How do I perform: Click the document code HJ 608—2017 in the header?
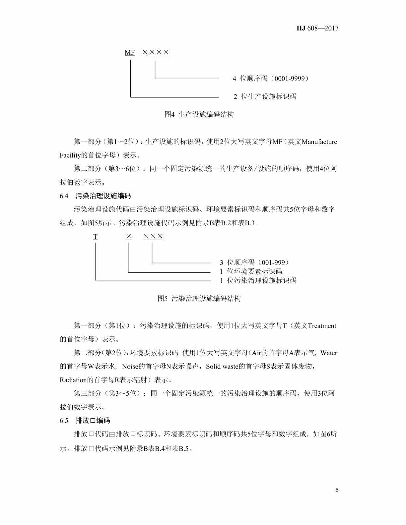pyautogui.click(x=317, y=28)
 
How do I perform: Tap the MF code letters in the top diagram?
pyautogui.click(x=130, y=53)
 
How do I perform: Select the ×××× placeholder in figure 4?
pyautogui.click(x=156, y=53)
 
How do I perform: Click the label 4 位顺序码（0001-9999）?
pyautogui.click(x=271, y=79)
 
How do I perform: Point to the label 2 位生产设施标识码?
pyautogui.click(x=265, y=97)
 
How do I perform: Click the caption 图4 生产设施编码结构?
pyautogui.click(x=199, y=115)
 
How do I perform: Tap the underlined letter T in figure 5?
pyautogui.click(x=96, y=237)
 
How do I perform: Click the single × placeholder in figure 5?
pyautogui.click(x=129, y=237)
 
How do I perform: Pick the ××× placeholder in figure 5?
pyautogui.click(x=153, y=237)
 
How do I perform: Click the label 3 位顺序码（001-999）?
pyautogui.click(x=255, y=262)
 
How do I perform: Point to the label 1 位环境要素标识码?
pyautogui.click(x=251, y=271)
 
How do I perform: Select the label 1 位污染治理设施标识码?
pyautogui.click(x=258, y=281)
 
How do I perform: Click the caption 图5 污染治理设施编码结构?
pyautogui.click(x=199, y=299)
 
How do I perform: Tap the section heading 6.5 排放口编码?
pyautogui.click(x=85, y=421)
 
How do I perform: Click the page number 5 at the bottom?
pyautogui.click(x=337, y=490)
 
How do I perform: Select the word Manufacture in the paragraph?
pyautogui.click(x=319, y=142)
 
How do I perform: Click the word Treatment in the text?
pyautogui.click(x=322, y=326)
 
